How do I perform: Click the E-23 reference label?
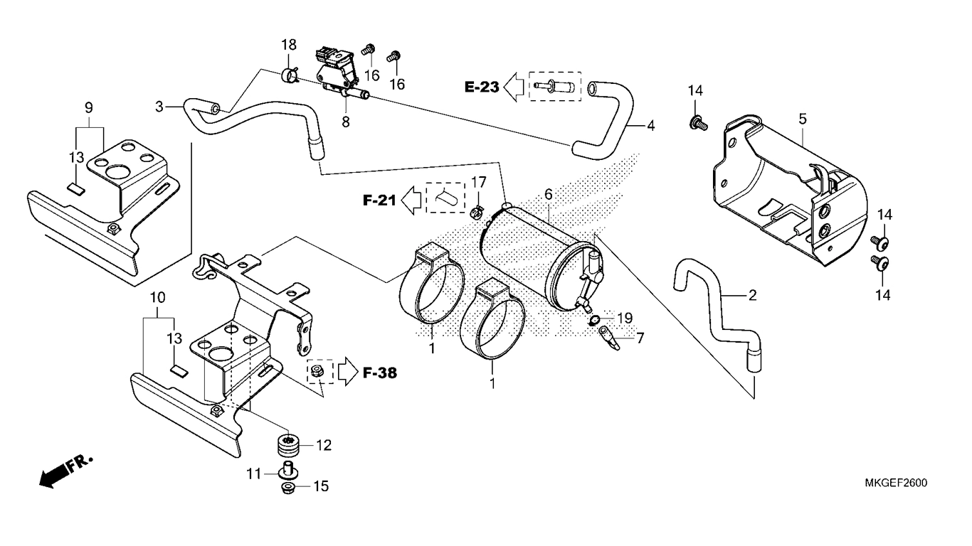tap(482, 87)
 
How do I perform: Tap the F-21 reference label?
tap(379, 201)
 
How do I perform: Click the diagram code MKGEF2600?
tap(896, 483)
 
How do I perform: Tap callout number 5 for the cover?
tap(802, 119)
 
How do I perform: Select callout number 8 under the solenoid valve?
tap(346, 122)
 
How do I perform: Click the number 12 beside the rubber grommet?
tap(324, 446)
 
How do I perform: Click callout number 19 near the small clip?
tap(624, 317)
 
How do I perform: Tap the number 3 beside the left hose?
tap(160, 107)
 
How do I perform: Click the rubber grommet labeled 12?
tap(289, 446)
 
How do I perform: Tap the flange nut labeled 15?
tap(289, 488)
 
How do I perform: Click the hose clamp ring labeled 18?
tap(290, 75)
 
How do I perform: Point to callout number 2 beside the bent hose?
tap(751, 294)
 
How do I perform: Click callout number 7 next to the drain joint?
tap(640, 338)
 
